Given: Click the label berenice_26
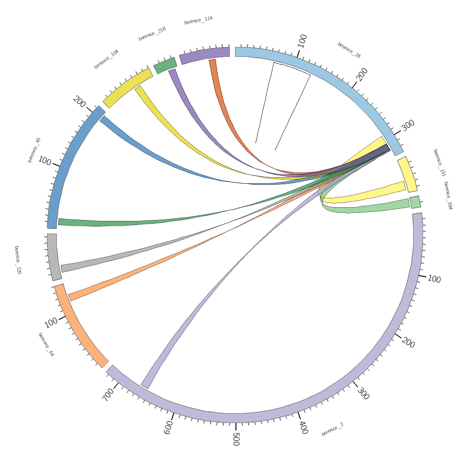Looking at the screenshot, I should click(349, 50).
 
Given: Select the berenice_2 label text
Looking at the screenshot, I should click(332, 429).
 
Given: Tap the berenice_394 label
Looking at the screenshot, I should click(448, 196).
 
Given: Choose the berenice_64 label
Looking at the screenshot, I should click(46, 345).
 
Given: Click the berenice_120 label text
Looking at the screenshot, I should click(17, 260).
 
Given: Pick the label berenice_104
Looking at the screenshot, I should click(106, 59).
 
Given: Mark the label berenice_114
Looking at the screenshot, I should click(198, 20).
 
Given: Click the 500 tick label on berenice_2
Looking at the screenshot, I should click(236, 439).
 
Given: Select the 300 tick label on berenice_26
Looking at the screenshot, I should click(407, 125).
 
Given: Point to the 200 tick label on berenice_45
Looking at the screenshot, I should click(79, 102).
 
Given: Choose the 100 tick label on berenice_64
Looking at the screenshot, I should click(51, 322).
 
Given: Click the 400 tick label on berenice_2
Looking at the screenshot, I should click(304, 427).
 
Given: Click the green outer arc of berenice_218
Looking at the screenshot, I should click(165, 65).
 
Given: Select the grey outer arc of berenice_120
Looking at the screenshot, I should click(53, 258).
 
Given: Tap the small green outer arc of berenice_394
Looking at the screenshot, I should click(415, 202).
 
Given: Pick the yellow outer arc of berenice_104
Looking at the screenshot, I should click(127, 88).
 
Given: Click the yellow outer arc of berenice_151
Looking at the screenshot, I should click(407, 174).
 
